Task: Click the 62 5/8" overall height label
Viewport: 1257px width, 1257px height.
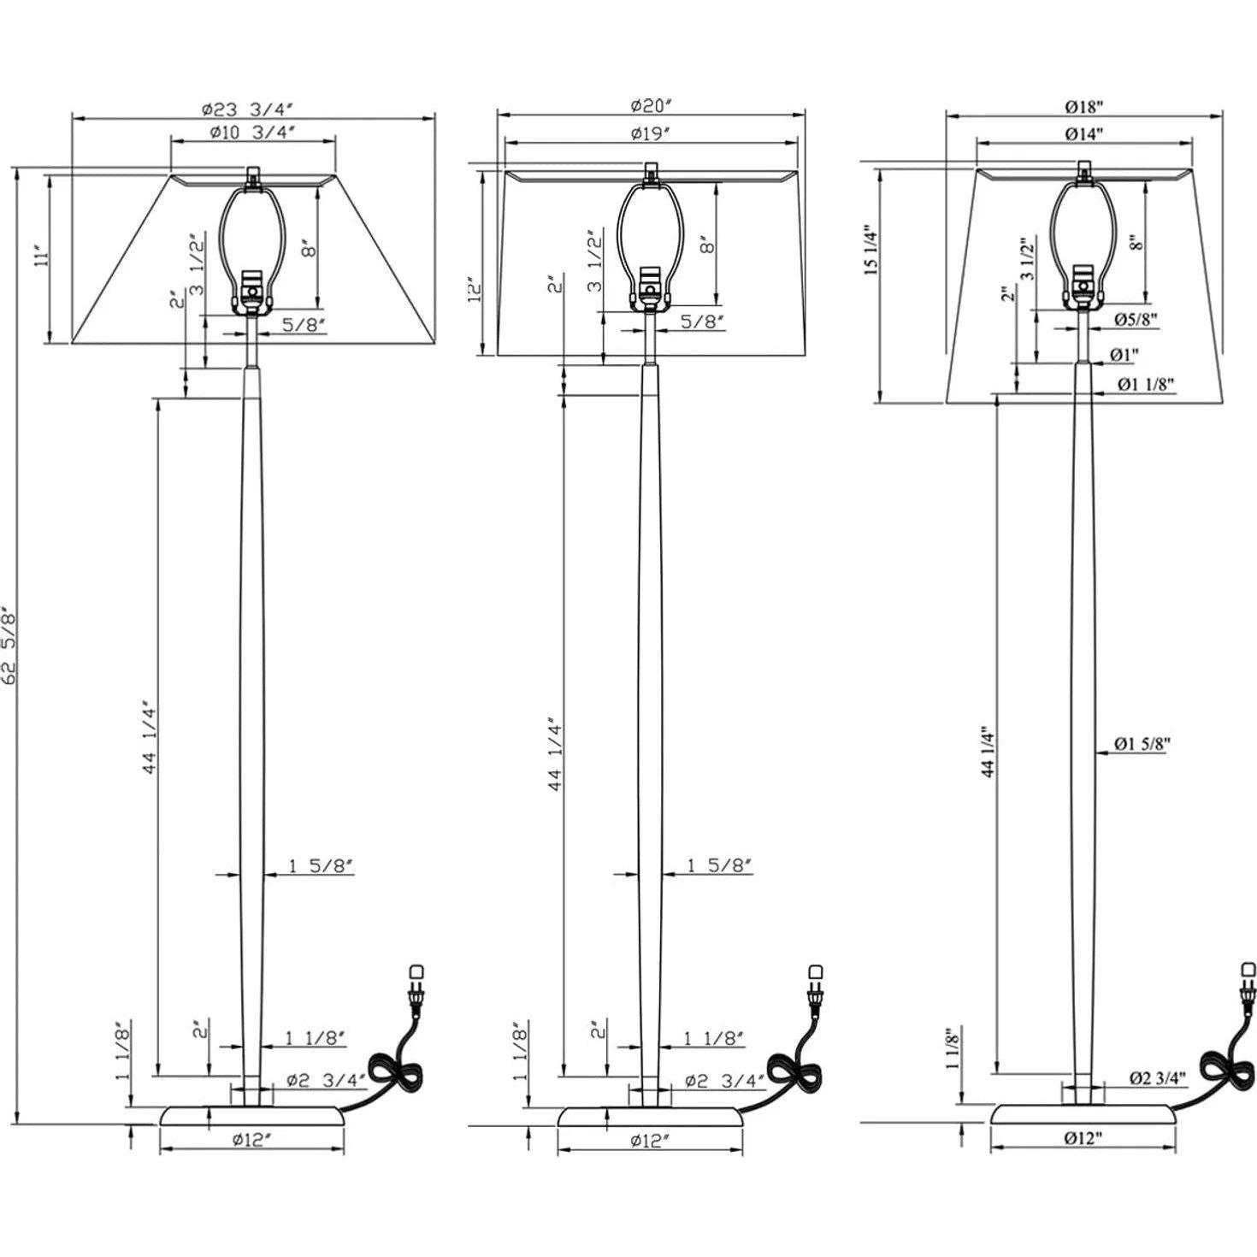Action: point(10,647)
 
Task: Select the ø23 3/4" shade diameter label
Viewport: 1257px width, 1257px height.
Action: point(248,108)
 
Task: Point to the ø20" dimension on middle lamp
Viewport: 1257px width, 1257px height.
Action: point(652,105)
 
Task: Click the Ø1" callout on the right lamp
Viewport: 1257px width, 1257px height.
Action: point(1124,354)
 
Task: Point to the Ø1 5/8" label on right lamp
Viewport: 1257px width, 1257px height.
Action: point(1142,744)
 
